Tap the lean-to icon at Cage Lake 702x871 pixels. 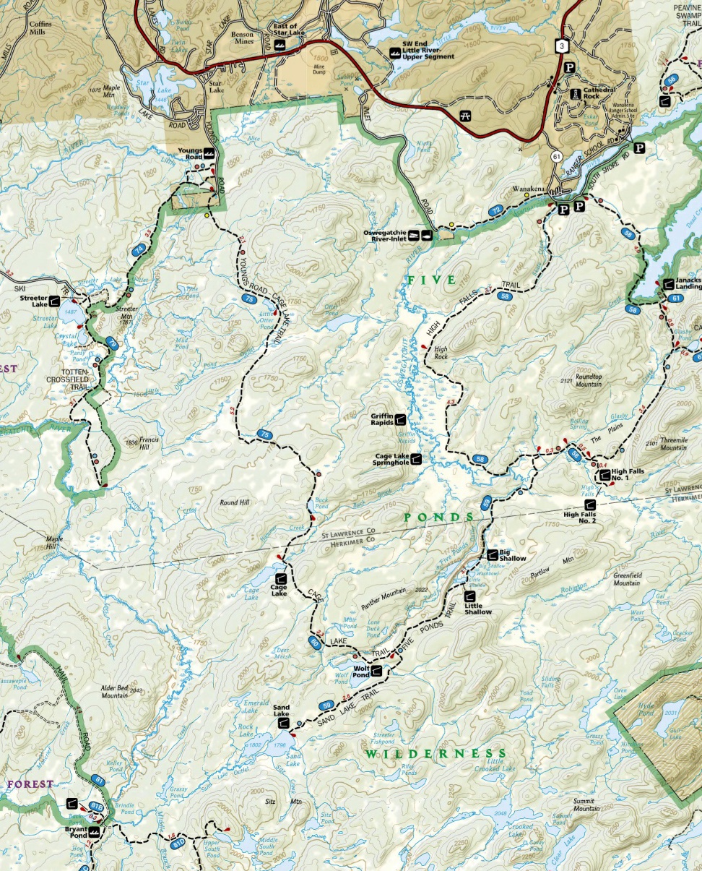[280, 578]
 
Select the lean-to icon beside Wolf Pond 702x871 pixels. [376, 672]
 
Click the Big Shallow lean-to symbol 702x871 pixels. [493, 555]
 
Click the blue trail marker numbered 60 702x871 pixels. [314, 642]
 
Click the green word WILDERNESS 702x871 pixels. [435, 754]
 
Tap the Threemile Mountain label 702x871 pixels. [672, 444]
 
